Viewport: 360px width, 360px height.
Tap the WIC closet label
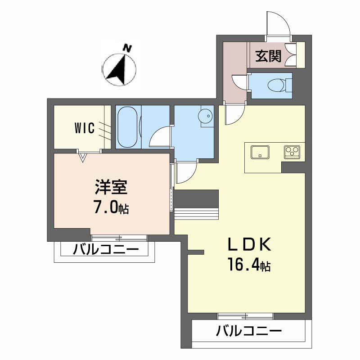click(x=85, y=128)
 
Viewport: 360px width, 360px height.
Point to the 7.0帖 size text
click(x=111, y=207)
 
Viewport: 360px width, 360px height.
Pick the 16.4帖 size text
click(x=249, y=265)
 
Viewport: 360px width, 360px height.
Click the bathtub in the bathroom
click(x=128, y=127)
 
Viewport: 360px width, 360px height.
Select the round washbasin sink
click(x=205, y=116)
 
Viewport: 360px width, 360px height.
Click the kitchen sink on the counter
click(x=260, y=152)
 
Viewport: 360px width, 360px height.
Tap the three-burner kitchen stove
click(x=292, y=152)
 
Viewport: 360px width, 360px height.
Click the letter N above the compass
click(x=127, y=49)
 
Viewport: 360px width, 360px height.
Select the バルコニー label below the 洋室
click(x=106, y=249)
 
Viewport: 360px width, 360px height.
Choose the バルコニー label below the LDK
click(x=249, y=331)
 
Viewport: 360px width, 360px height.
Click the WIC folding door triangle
click(x=83, y=157)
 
